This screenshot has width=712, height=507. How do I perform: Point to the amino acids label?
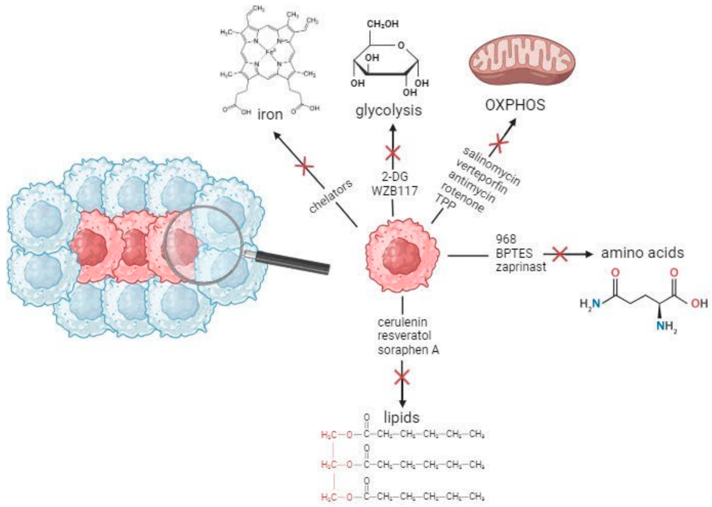click(642, 253)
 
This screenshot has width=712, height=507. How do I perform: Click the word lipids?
click(401, 417)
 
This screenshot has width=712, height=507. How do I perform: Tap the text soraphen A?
click(408, 350)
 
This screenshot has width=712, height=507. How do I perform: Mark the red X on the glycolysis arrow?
click(393, 153)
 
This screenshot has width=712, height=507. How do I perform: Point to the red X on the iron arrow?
click(304, 166)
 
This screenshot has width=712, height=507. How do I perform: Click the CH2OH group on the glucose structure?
click(382, 24)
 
